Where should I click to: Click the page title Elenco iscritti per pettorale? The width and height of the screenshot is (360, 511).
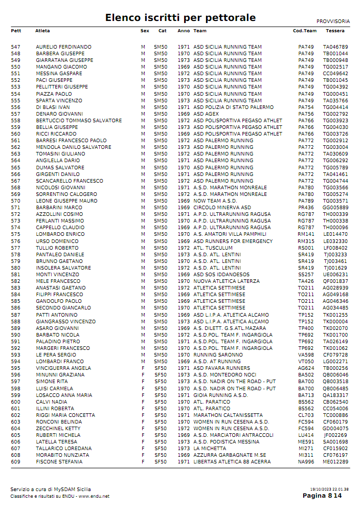[180, 18]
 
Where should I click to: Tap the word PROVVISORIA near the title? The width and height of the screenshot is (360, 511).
[333, 21]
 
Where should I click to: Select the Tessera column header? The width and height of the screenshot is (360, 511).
[335, 31]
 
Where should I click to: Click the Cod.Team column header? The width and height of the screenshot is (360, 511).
[304, 31]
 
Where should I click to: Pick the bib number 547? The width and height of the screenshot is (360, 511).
[15, 47]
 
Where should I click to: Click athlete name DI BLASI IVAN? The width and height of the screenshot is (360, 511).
[52, 107]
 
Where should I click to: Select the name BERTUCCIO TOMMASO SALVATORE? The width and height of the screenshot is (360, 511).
[79, 121]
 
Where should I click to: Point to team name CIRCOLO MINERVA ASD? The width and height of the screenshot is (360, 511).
[222, 208]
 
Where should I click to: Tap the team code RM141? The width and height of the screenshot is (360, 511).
[306, 234]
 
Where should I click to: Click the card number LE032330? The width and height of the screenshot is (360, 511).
[335, 241]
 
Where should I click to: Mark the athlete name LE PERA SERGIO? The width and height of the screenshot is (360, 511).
[56, 355]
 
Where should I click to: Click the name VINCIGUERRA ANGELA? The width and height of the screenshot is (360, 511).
[63, 368]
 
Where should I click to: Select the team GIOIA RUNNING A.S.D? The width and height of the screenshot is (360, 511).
[220, 395]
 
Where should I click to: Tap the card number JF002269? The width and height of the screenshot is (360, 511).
[335, 435]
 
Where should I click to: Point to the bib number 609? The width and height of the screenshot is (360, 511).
[15, 462]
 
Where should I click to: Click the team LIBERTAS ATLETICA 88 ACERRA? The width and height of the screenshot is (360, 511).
[232, 462]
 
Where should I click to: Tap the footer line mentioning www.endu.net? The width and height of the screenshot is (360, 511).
[60, 496]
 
